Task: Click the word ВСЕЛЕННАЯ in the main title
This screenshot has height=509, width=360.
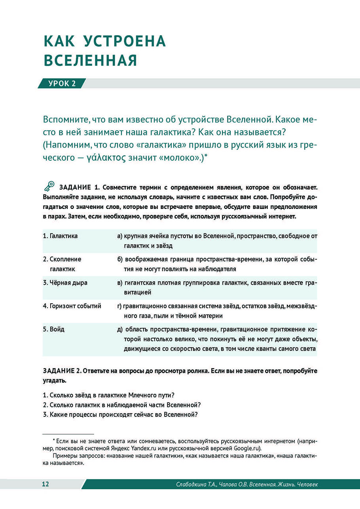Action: tap(90, 61)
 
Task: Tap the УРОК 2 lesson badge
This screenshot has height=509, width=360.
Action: tap(62, 83)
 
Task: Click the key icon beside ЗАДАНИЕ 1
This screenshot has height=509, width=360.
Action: tap(50, 186)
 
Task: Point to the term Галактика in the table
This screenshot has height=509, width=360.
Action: tap(60, 236)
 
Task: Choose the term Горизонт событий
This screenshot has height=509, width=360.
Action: tap(72, 306)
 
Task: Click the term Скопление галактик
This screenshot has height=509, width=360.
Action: tap(62, 264)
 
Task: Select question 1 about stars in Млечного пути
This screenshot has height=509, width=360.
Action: tap(109, 395)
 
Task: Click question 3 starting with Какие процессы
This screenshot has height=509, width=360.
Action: tap(120, 414)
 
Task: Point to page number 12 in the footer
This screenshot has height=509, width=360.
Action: tap(45, 484)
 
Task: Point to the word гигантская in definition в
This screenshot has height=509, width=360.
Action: tap(141, 283)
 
